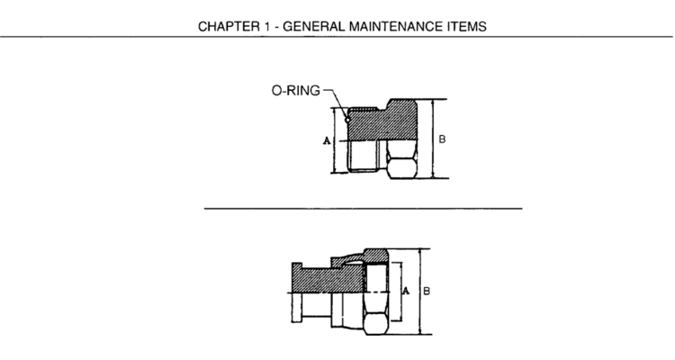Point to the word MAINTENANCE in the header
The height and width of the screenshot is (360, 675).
click(x=396, y=27)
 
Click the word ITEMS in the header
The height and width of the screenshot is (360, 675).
click(x=467, y=27)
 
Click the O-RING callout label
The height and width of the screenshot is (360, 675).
click(x=296, y=90)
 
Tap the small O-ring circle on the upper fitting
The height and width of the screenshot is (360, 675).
click(x=347, y=120)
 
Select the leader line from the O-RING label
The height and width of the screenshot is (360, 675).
click(x=336, y=103)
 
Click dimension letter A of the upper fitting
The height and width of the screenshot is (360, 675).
click(x=327, y=140)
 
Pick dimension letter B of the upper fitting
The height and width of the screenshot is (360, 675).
click(x=442, y=139)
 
